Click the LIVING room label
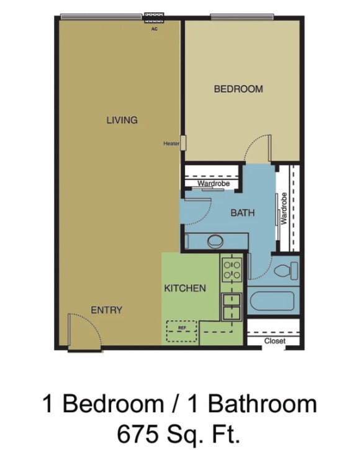coord(122,120)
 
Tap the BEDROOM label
coord(238,89)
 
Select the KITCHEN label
coord(185,288)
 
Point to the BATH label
coord(243,213)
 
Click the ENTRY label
coord(107,310)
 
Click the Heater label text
coord(171,143)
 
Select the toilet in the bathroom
coord(287,271)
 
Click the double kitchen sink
coord(232,307)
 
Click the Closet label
coord(274,341)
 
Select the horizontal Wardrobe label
coord(214,184)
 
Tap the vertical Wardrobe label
coord(284,209)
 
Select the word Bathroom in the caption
coord(261,404)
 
